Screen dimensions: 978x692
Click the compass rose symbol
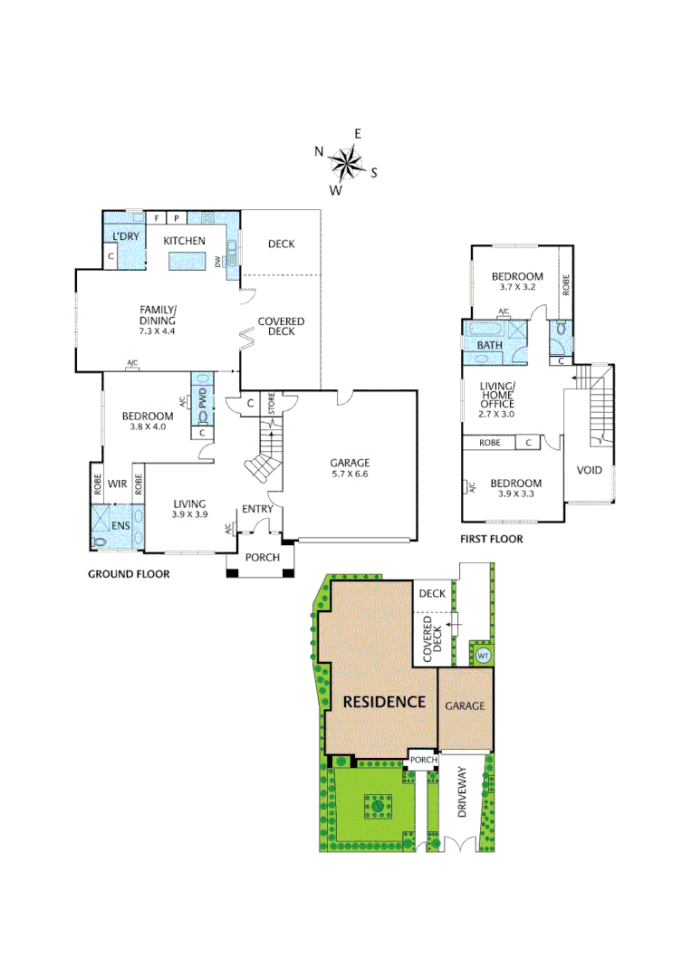345,164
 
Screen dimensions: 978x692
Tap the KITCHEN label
184,241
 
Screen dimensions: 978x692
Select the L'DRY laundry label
123,237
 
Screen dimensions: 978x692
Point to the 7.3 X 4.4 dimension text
157,331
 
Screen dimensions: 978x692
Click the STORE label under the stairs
270,404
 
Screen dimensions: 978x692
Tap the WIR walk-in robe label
117,484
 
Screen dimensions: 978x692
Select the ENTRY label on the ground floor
257,509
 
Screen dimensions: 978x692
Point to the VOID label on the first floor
589,471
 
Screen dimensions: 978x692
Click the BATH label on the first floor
490,345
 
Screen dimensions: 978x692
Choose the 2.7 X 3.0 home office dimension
495,414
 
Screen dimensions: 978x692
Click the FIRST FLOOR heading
492,539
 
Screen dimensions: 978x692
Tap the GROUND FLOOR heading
128,574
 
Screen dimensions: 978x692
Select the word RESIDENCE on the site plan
383,702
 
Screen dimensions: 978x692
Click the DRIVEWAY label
463,793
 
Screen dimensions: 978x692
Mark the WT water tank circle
483,655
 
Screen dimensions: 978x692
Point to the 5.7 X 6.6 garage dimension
350,474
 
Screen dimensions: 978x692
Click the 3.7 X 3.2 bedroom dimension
517,288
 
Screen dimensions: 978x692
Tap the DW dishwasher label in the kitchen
217,262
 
